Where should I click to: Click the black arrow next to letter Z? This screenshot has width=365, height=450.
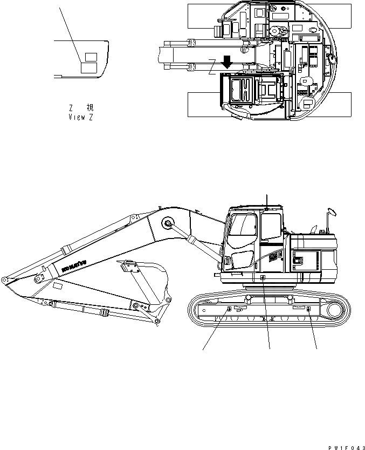(227, 61)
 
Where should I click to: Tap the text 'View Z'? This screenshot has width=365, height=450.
(80, 117)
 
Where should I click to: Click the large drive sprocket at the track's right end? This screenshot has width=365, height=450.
(333, 310)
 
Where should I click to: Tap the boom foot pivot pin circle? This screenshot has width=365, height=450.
(167, 223)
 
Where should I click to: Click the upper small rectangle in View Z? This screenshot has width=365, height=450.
(91, 56)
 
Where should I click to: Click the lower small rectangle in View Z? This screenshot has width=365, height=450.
(89, 67)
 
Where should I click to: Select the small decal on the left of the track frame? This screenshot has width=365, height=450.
(229, 309)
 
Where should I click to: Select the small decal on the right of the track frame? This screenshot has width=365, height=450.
(308, 309)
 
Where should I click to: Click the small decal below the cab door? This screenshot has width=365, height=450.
(263, 278)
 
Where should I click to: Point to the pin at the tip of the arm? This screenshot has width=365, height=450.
(4, 280)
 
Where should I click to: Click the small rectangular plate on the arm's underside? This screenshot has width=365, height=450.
(57, 284)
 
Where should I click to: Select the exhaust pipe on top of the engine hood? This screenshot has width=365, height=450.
(314, 227)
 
